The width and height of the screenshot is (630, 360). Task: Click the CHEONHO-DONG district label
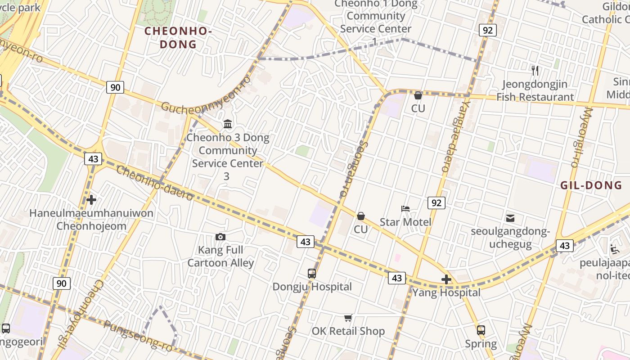click(x=178, y=38)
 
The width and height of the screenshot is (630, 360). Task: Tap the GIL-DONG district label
click(x=591, y=185)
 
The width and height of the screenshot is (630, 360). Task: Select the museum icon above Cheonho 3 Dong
click(x=228, y=124)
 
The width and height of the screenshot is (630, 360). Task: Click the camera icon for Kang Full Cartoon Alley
click(x=220, y=237)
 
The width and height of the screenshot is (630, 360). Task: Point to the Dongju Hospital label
click(x=312, y=287)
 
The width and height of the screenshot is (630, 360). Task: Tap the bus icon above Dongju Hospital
click(x=311, y=273)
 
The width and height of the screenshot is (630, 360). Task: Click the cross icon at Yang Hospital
click(x=446, y=279)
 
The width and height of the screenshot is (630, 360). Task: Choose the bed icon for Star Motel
click(x=405, y=208)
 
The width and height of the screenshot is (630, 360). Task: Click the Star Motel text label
click(x=405, y=222)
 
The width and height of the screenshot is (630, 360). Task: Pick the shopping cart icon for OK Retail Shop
click(x=348, y=318)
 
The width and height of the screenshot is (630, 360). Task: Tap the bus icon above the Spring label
click(x=481, y=330)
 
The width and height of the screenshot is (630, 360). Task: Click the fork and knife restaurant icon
click(x=535, y=70)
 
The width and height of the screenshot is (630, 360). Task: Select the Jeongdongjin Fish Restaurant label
click(x=535, y=90)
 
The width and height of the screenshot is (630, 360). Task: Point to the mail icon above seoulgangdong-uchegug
click(x=510, y=218)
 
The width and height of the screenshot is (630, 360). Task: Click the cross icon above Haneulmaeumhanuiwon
click(x=91, y=199)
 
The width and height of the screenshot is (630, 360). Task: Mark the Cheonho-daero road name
click(x=155, y=183)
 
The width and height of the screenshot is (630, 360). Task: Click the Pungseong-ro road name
click(x=138, y=336)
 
